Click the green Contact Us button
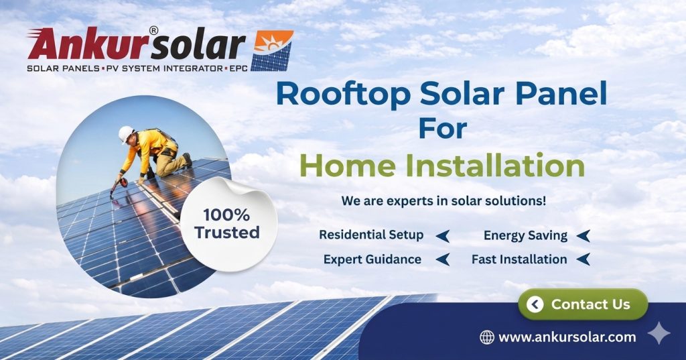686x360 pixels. click(582, 304)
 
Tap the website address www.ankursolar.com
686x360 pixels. click(567, 337)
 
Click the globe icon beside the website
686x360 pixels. click(487, 337)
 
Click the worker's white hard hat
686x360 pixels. click(126, 133)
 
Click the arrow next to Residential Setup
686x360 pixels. click(442, 236)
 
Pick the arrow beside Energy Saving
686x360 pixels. click(584, 236)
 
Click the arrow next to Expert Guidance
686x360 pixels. click(442, 259)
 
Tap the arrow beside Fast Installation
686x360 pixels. click(584, 259)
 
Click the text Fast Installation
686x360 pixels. click(519, 259)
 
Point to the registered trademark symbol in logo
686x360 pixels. click(154, 31)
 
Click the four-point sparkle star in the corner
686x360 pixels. click(659, 333)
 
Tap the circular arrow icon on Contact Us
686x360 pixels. click(535, 304)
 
